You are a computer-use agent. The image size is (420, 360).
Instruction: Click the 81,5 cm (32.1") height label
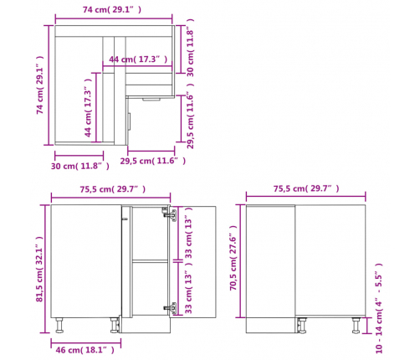coord(40,269)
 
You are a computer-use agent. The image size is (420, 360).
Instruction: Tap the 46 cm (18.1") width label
coord(85,350)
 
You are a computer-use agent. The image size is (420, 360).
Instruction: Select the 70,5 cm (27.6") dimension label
coord(233,258)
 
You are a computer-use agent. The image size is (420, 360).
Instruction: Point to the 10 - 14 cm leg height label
coord(378,308)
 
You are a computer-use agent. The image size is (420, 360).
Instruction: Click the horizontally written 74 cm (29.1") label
coord(112,9)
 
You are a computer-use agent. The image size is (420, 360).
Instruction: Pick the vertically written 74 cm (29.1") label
coord(40,85)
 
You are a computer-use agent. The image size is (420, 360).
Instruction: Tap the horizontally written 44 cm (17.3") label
coord(138,59)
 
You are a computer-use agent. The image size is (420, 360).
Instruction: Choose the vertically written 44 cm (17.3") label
coord(88,108)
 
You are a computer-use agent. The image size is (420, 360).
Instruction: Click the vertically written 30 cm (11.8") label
coord(190,48)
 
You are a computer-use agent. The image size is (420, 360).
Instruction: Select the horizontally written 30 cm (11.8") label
coord(80,166)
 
